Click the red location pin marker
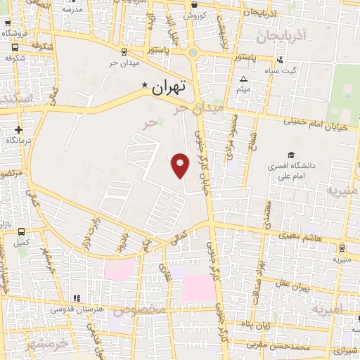click(x=181, y=165)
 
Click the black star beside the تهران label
click(x=146, y=86)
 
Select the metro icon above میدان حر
click(x=124, y=51)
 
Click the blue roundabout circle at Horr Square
click(x=193, y=52)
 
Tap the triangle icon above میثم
click(x=244, y=79)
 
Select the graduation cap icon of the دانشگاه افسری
click(x=291, y=155)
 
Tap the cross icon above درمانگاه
click(x=18, y=129)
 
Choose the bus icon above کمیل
click(x=22, y=231)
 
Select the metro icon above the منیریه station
click(x=342, y=247)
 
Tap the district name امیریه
click(x=328, y=309)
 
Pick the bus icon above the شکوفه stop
click(x=15, y=47)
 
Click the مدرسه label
click(x=72, y=9)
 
